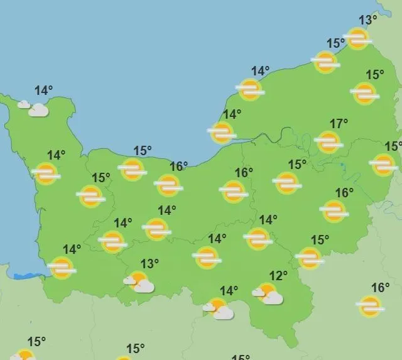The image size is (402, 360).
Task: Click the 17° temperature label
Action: click(x=339, y=124)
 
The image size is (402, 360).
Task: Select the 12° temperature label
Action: click(x=278, y=275)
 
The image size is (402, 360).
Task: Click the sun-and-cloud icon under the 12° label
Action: click(x=268, y=293)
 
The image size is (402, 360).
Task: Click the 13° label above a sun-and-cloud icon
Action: click(x=149, y=263)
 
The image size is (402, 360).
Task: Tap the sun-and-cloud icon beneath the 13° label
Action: click(x=139, y=282)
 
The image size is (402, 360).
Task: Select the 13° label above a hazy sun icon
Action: click(x=368, y=20)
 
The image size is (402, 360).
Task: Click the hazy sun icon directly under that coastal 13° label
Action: click(x=357, y=38)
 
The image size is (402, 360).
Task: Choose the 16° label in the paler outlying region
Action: click(x=380, y=288)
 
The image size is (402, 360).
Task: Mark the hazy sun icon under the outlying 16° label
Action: click(x=370, y=307)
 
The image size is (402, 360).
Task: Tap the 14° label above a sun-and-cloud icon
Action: click(x=229, y=290)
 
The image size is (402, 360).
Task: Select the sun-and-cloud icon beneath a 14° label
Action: click(x=219, y=308)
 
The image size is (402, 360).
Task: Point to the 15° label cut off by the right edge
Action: click(x=394, y=146)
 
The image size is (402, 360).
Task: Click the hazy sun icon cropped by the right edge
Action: click(x=384, y=165)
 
